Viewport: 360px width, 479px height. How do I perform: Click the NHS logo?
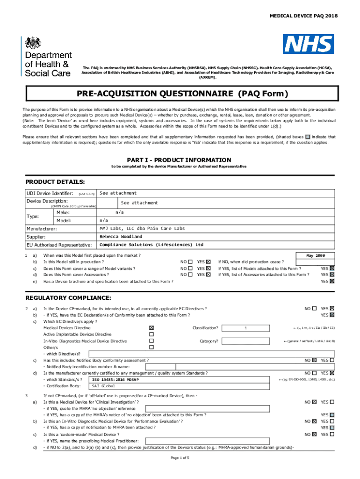308,44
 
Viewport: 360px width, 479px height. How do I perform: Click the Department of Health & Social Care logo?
47,57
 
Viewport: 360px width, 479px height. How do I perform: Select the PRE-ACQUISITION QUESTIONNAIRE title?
180,94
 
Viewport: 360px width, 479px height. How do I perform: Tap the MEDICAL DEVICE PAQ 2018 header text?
303,16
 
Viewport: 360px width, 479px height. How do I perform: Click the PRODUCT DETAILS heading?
55,181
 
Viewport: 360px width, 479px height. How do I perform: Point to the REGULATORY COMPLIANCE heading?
68,298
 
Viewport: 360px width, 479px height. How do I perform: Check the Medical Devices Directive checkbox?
151,328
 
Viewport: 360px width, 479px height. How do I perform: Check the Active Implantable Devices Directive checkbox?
151,334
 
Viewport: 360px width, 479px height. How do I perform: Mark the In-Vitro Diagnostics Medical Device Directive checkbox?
151,341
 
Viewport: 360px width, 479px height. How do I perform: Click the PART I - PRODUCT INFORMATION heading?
180,160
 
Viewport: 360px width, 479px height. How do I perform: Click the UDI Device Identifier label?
50,194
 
